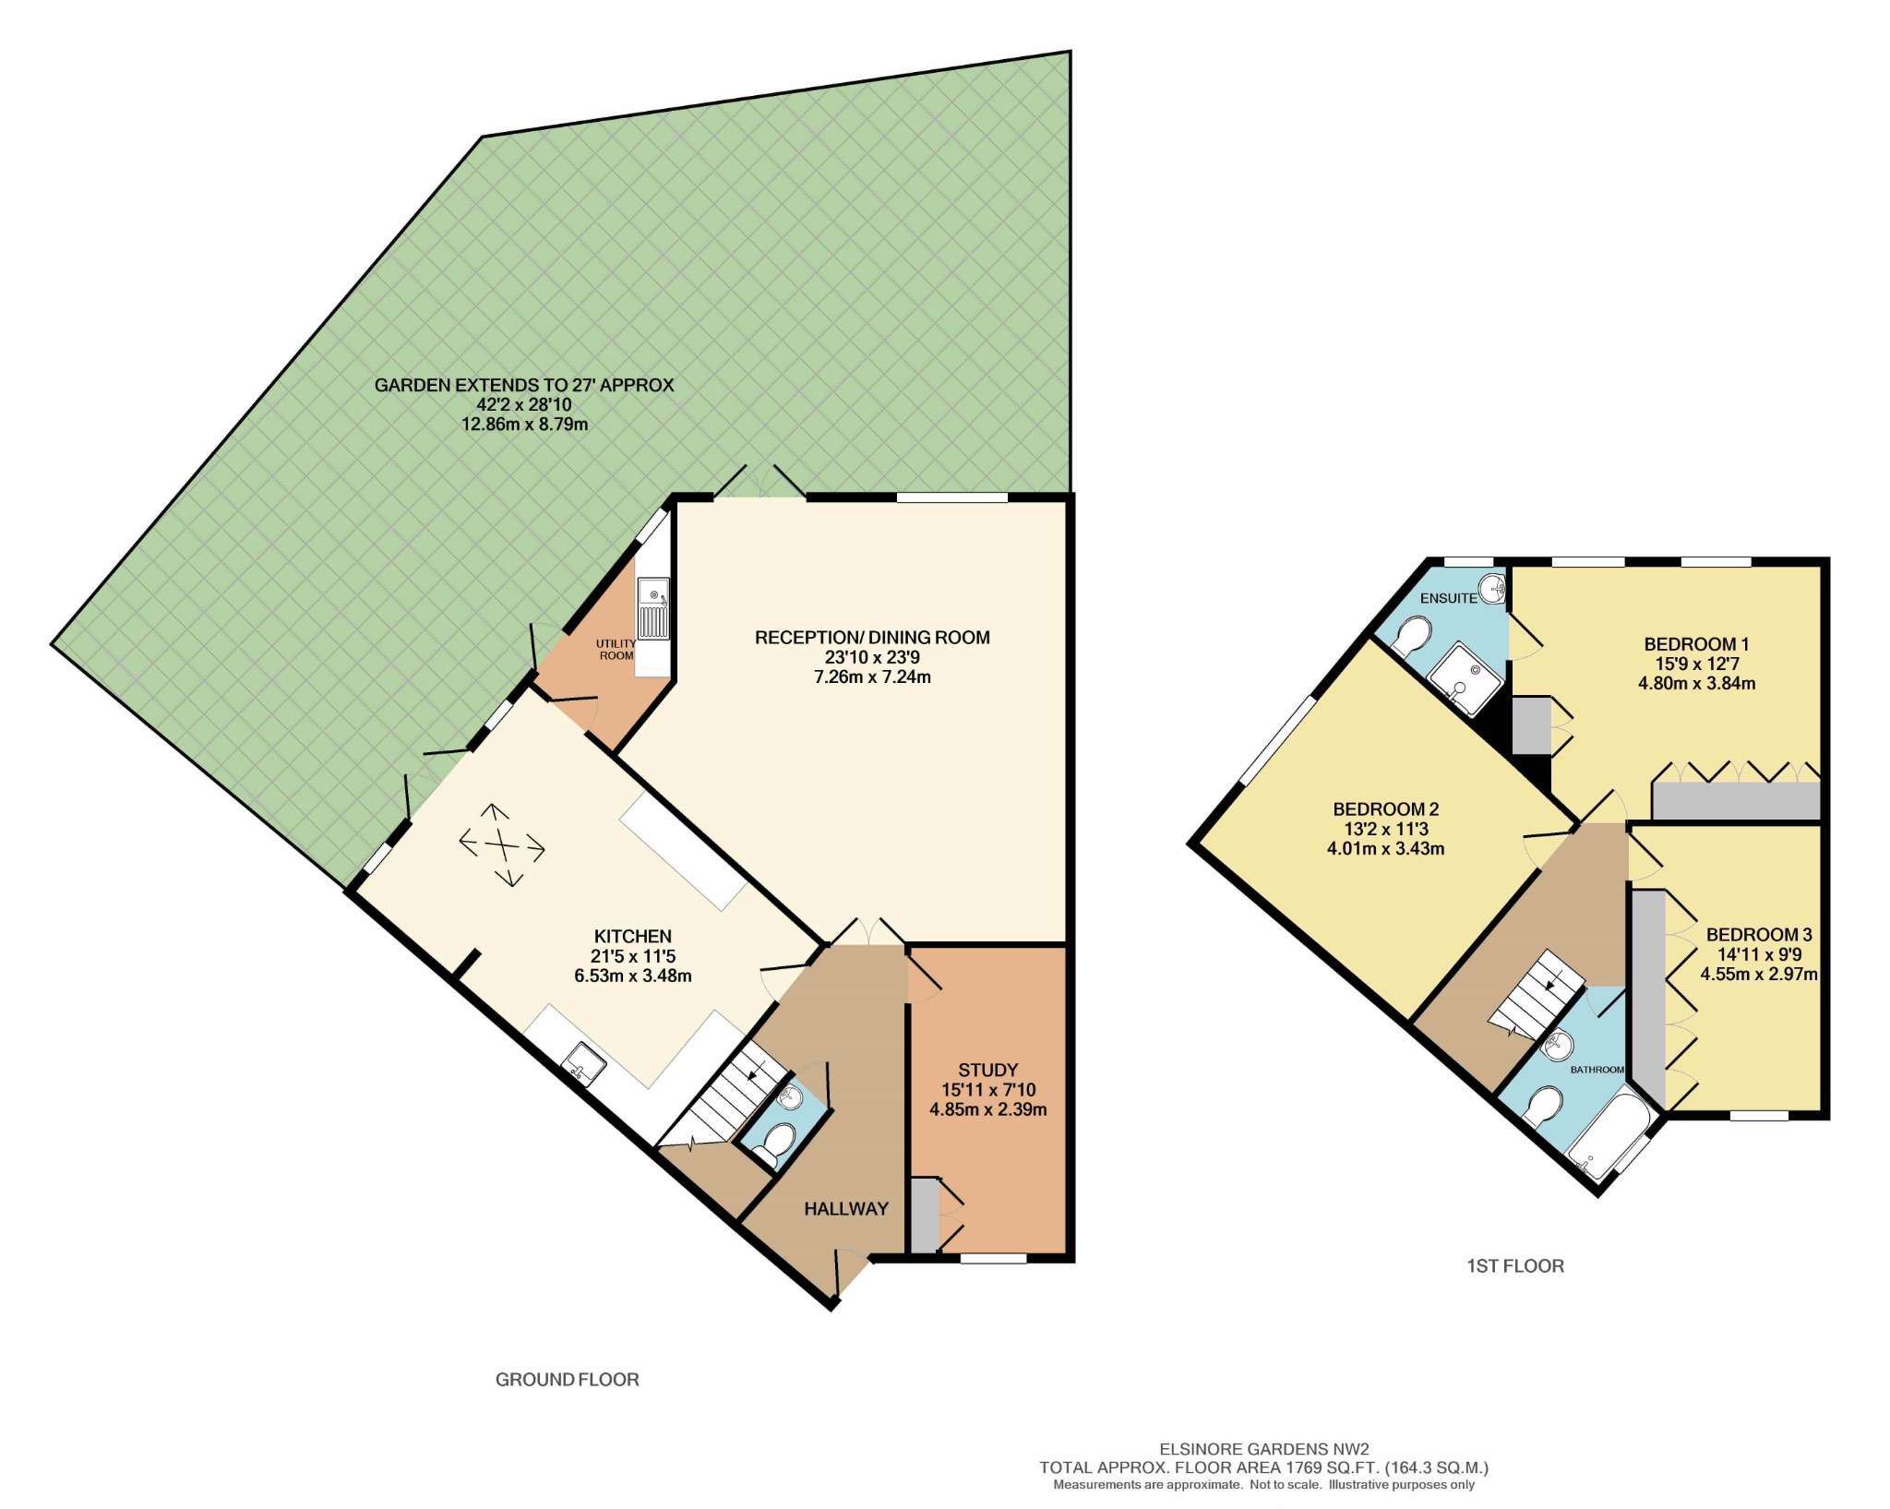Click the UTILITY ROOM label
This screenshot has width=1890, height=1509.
[x=616, y=650]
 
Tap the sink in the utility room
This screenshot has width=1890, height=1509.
[x=653, y=608]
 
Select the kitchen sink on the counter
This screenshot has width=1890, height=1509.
[x=585, y=1063]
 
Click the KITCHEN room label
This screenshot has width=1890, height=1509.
[x=633, y=936]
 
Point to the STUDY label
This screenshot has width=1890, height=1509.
[x=987, y=1070]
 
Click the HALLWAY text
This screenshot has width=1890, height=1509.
[x=845, y=1208]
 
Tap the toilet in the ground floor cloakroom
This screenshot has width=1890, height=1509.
[x=773, y=1144]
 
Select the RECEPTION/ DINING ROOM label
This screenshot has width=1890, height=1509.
[x=872, y=637]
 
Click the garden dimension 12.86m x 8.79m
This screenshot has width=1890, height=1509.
[x=524, y=425]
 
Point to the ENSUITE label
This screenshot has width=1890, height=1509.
[x=1448, y=598]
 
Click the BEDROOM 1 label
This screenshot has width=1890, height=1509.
[x=1696, y=644]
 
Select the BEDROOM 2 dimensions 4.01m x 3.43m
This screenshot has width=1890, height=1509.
[x=1385, y=848]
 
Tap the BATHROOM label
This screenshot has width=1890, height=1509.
[x=1597, y=1070]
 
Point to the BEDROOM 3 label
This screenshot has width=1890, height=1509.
[x=1759, y=934]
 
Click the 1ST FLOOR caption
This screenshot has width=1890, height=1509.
[x=1515, y=1266]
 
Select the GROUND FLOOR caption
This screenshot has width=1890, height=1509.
[x=567, y=1380]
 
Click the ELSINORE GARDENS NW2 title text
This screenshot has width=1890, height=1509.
[x=1263, y=1450]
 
